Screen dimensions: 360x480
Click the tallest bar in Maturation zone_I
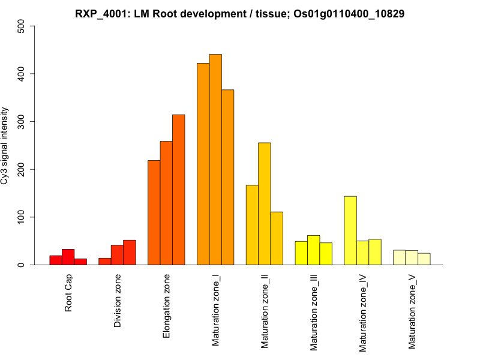coord(215,160)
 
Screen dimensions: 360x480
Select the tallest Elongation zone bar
coord(179,190)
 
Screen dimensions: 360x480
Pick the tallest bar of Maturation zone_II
coord(265,203)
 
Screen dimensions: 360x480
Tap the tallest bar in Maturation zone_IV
coord(350,230)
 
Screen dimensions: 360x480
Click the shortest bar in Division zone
coord(105,262)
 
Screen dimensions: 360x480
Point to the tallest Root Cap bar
coord(68,257)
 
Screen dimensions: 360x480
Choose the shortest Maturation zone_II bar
coord(277,238)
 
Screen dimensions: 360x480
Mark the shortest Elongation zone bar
coord(154,212)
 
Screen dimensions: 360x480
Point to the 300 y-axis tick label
coord(22,122)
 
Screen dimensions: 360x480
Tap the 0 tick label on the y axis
coord(22,265)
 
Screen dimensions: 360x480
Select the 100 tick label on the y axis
coord(22,217)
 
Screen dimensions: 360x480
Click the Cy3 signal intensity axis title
coord(6,146)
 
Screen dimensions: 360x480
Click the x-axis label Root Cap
coord(69,293)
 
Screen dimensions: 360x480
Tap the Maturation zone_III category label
coord(314,312)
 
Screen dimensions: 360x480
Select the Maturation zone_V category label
coord(412,311)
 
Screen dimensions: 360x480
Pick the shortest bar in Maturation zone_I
coord(227,177)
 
